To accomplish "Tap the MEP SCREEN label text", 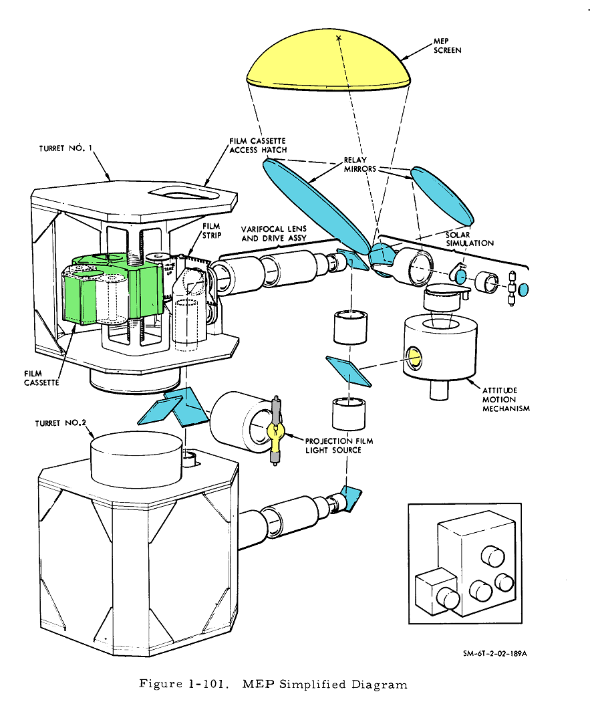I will pyautogui.click(x=447, y=46).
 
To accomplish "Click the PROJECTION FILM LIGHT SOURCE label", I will pyautogui.click(x=339, y=445).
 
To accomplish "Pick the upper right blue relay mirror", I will pyautogui.click(x=442, y=195).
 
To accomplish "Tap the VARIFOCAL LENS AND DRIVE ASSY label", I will pyautogui.click(x=274, y=233).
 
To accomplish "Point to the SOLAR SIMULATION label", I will pyautogui.click(x=470, y=239).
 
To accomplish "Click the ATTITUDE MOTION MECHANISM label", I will pyautogui.click(x=506, y=399).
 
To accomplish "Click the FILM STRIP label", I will pyautogui.click(x=212, y=231).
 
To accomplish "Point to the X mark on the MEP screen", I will pyautogui.click(x=339, y=38).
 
